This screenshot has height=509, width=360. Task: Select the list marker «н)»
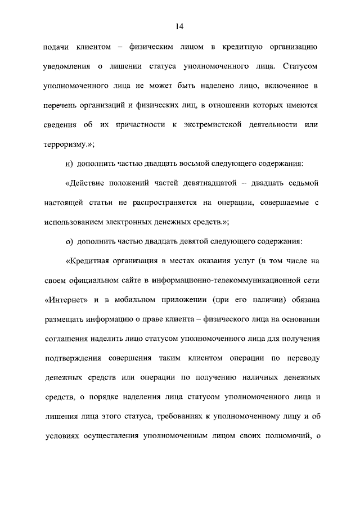pos(70,164)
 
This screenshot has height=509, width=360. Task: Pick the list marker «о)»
pos(70,241)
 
